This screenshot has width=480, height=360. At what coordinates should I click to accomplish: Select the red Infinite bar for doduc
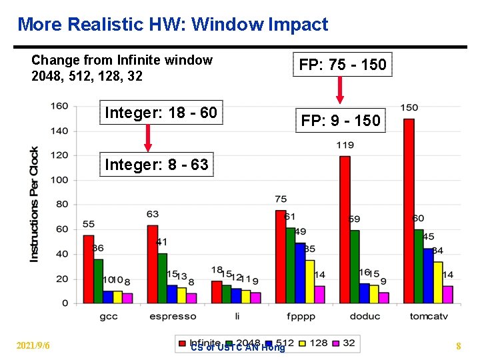click(x=345, y=229)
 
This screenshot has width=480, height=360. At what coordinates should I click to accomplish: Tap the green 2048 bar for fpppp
click(x=290, y=265)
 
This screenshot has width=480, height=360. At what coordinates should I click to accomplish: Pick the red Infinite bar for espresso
click(x=153, y=263)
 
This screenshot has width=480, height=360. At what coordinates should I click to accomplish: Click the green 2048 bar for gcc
click(x=98, y=281)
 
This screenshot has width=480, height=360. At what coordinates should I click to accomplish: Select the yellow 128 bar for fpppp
click(x=309, y=281)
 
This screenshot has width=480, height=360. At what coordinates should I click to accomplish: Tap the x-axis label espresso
click(x=173, y=316)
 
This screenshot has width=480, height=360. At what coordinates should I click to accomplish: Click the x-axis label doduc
click(x=365, y=316)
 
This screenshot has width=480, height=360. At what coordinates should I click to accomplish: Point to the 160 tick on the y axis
click(x=59, y=107)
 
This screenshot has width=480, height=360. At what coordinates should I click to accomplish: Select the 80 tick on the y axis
click(x=61, y=205)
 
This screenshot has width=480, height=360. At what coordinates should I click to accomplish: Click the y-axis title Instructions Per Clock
click(x=34, y=204)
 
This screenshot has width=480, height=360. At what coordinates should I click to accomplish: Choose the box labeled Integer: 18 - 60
click(x=161, y=113)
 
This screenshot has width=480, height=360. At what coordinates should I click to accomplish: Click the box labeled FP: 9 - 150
click(x=341, y=121)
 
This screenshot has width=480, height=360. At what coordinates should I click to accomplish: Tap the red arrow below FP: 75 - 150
click(x=340, y=89)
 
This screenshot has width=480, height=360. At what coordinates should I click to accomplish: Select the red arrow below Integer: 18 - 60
click(x=148, y=138)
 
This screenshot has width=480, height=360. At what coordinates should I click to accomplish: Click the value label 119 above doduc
click(x=345, y=145)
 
